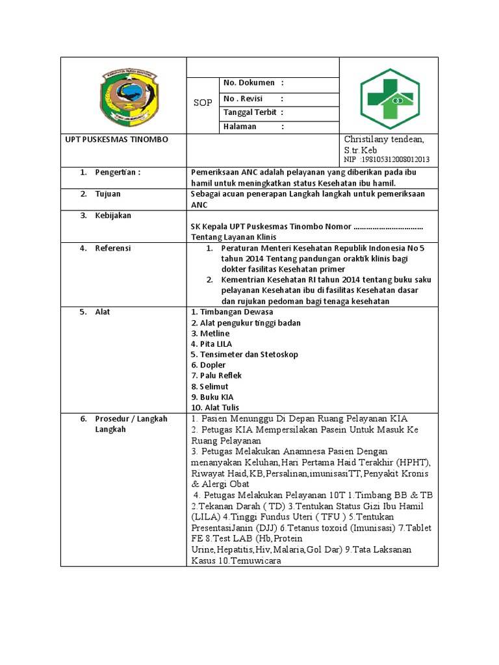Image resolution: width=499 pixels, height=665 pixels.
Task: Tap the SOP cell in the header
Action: tap(203, 103)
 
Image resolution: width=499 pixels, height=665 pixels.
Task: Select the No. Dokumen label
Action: tap(249, 84)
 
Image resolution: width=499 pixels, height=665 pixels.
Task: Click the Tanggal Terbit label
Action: tap(250, 112)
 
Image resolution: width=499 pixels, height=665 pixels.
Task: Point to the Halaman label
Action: tap(240, 127)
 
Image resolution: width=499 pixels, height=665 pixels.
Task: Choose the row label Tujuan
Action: tap(108, 194)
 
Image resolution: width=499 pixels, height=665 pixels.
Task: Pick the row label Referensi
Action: tap(113, 248)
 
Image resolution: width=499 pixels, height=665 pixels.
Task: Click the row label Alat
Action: tap(103, 312)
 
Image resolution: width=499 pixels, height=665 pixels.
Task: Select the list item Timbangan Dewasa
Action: tap(224, 312)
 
